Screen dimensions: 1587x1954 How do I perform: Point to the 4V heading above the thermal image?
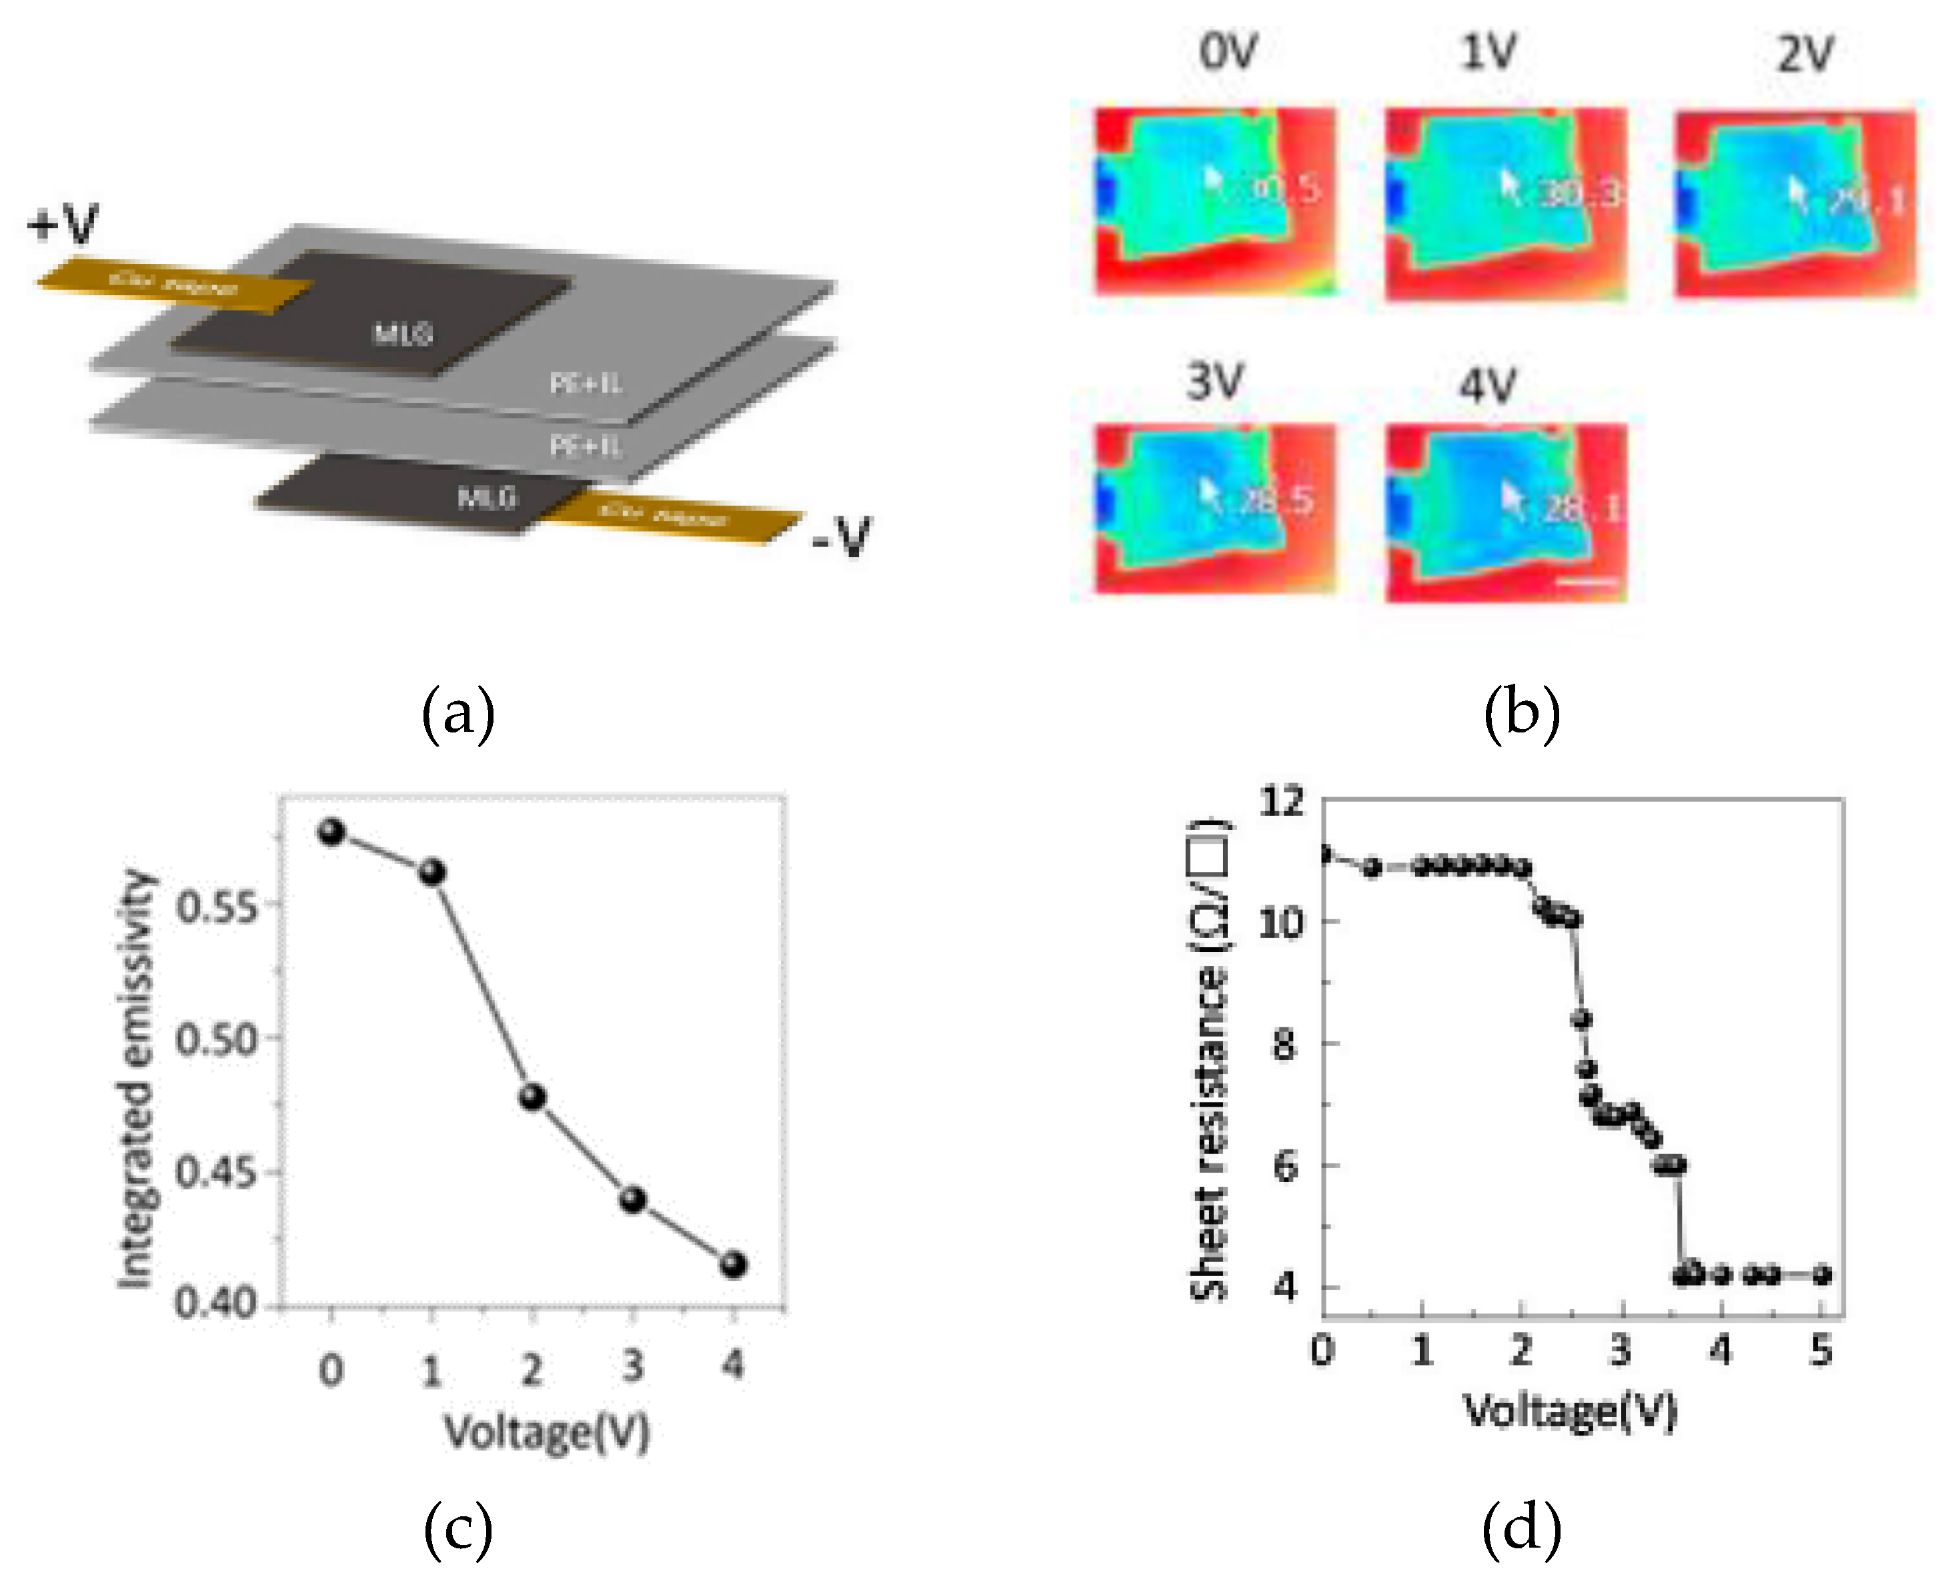point(1488,385)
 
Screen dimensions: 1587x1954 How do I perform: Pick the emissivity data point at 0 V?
point(331,832)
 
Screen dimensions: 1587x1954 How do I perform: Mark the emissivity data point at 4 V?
point(733,1264)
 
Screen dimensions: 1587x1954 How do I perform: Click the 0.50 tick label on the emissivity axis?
point(217,1039)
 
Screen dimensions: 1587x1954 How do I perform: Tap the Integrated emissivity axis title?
point(137,1079)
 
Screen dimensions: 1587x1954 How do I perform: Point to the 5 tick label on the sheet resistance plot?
point(1821,1350)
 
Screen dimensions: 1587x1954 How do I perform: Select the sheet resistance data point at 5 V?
point(1821,1274)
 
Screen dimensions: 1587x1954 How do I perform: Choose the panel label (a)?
point(458,713)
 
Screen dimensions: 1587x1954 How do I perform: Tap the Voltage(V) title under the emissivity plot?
point(547,1432)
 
